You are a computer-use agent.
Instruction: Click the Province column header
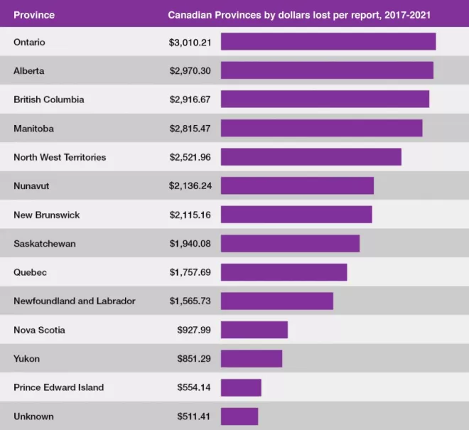tap(34, 15)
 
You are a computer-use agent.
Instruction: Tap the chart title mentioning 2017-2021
tap(299, 15)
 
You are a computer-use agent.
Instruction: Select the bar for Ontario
tap(328, 41)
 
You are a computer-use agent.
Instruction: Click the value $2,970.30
tap(190, 71)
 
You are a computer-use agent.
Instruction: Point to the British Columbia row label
tap(49, 100)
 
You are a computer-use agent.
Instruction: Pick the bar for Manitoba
tap(321, 128)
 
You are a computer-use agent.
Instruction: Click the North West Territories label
tap(60, 157)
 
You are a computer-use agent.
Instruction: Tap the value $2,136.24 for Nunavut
tap(190, 186)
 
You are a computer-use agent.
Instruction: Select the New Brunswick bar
tap(296, 214)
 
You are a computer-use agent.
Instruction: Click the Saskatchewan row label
tap(45, 244)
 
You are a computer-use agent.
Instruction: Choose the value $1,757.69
tap(190, 272)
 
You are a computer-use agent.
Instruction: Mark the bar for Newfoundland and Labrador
tap(277, 301)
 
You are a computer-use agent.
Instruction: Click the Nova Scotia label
tap(39, 330)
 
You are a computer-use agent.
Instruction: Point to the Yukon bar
tap(252, 358)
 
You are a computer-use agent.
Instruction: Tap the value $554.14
tap(194, 387)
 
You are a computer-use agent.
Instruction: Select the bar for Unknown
tap(239, 416)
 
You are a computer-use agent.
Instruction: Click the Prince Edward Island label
tap(58, 387)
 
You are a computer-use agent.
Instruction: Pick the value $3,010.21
tap(190, 43)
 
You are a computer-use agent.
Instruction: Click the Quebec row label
tap(31, 272)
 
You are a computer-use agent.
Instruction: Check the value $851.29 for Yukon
tap(194, 358)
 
